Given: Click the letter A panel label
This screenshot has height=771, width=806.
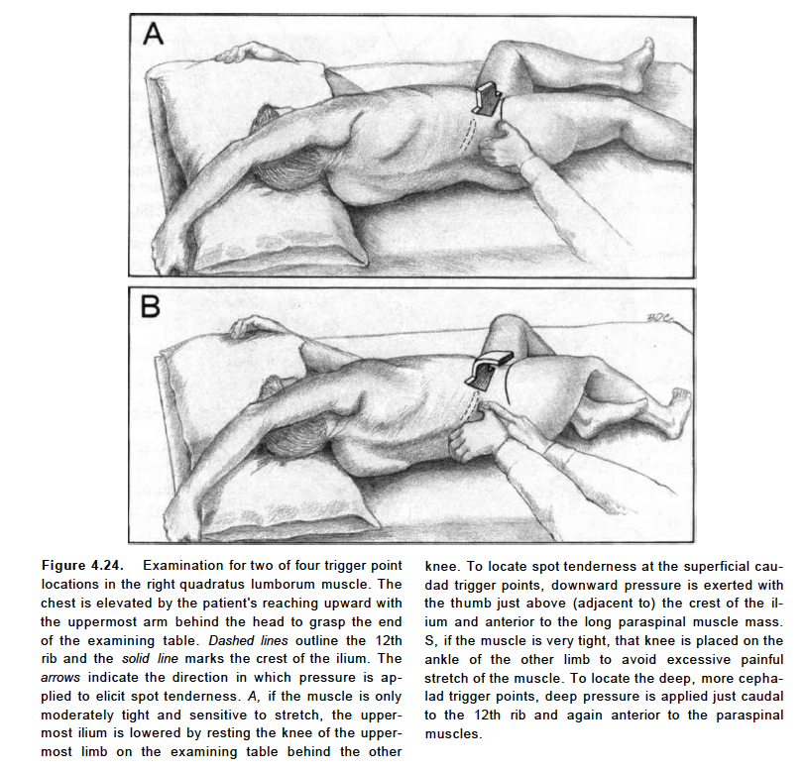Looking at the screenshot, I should [x=153, y=36].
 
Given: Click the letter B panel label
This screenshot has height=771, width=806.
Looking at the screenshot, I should [x=151, y=308].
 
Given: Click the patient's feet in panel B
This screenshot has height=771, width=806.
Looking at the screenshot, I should [x=675, y=411].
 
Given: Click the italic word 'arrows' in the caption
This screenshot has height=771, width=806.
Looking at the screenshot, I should [x=63, y=678].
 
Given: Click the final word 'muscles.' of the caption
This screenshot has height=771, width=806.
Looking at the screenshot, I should [x=452, y=733].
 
